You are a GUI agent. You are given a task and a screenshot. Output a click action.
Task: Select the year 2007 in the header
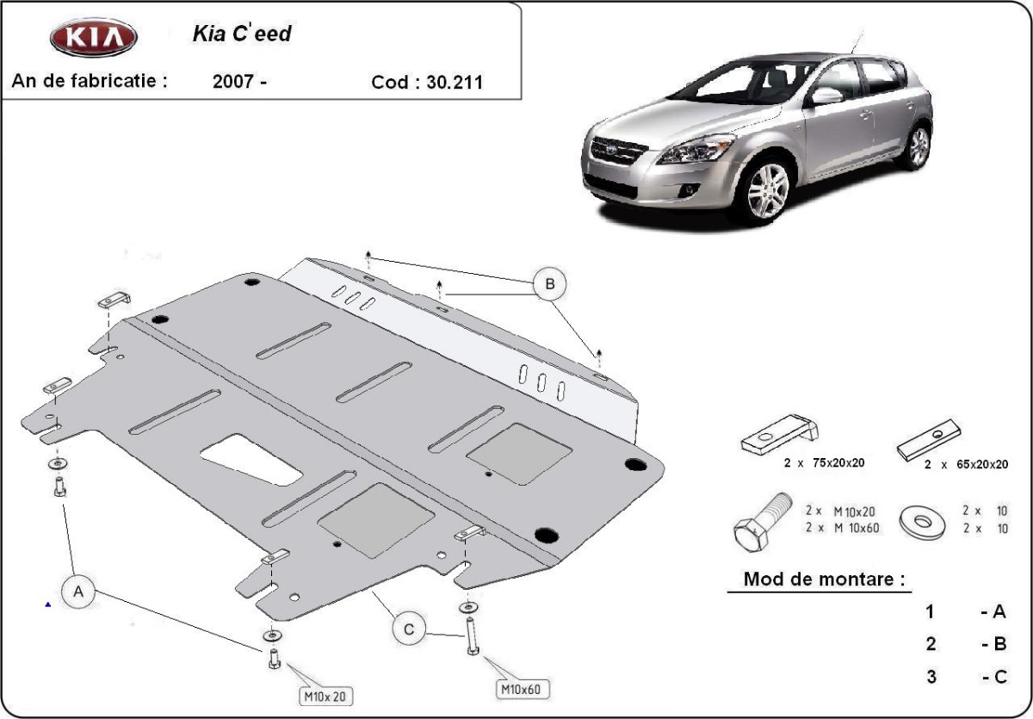point(232,83)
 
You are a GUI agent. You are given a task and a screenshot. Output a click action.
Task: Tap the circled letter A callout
point(78,592)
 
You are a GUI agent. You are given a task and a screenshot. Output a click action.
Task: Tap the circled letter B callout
point(549,283)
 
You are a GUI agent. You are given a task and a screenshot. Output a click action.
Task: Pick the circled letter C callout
point(409,629)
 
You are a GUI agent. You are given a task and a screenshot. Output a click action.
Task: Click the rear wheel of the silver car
point(919,146)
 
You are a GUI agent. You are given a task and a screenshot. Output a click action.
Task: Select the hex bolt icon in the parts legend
point(761,522)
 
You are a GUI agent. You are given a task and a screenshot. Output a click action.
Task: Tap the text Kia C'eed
point(240,35)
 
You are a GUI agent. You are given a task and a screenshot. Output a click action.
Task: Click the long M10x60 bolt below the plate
point(472,635)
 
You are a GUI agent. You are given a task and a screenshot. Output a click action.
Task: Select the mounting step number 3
point(931,677)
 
